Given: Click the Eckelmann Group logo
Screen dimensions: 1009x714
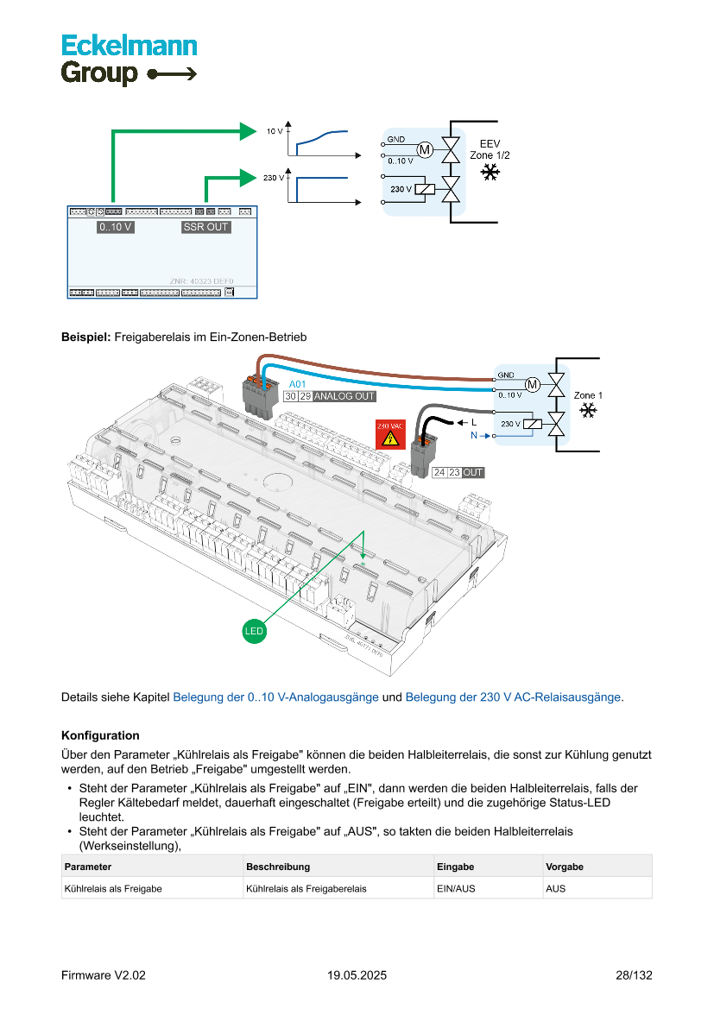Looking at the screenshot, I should (x=129, y=59).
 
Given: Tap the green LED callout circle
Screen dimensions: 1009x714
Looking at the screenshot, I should (x=254, y=632).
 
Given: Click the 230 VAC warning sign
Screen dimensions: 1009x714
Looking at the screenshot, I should (x=389, y=434).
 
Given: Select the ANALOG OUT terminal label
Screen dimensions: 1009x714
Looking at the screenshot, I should (x=344, y=396).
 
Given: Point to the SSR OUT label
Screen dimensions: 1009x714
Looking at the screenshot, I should (x=205, y=227).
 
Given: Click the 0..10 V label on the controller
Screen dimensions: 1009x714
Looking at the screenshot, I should (x=116, y=227).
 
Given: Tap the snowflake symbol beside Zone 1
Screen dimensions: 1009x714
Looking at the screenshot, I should (x=588, y=410).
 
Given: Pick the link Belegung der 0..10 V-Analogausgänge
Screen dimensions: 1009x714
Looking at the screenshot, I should (x=275, y=697).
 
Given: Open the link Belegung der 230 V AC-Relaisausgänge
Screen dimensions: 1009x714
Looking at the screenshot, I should (x=513, y=697).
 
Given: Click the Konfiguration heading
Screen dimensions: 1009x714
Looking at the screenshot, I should (x=100, y=735).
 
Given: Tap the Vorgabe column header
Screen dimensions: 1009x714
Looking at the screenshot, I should (x=565, y=866).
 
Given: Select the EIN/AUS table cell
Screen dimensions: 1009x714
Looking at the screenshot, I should (x=456, y=887).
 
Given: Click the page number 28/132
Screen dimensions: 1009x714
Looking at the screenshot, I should (x=634, y=975).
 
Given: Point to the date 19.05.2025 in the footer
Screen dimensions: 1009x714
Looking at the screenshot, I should (x=357, y=975).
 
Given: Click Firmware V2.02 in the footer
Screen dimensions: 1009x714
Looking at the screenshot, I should (x=104, y=975).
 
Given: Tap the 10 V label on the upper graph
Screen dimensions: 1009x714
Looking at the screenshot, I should (x=275, y=132).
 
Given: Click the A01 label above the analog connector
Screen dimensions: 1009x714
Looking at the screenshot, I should (x=297, y=383).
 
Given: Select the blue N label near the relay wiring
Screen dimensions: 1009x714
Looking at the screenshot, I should (x=473, y=437).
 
